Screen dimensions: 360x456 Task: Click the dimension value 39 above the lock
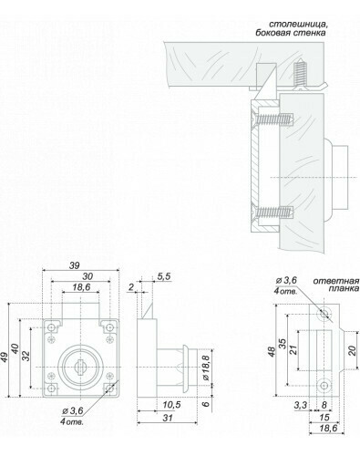[74, 265]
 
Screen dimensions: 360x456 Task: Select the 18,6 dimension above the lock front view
[81, 287]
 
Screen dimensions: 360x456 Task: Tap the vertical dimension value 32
[26, 356]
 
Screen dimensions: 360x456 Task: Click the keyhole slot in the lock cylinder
[80, 368]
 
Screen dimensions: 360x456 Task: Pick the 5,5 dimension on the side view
[164, 276]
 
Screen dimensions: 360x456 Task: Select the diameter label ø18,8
[206, 368]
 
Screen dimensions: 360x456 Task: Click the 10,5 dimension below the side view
[171, 405]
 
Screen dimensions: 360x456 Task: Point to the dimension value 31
[167, 418]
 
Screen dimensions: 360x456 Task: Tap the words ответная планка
[336, 285]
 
